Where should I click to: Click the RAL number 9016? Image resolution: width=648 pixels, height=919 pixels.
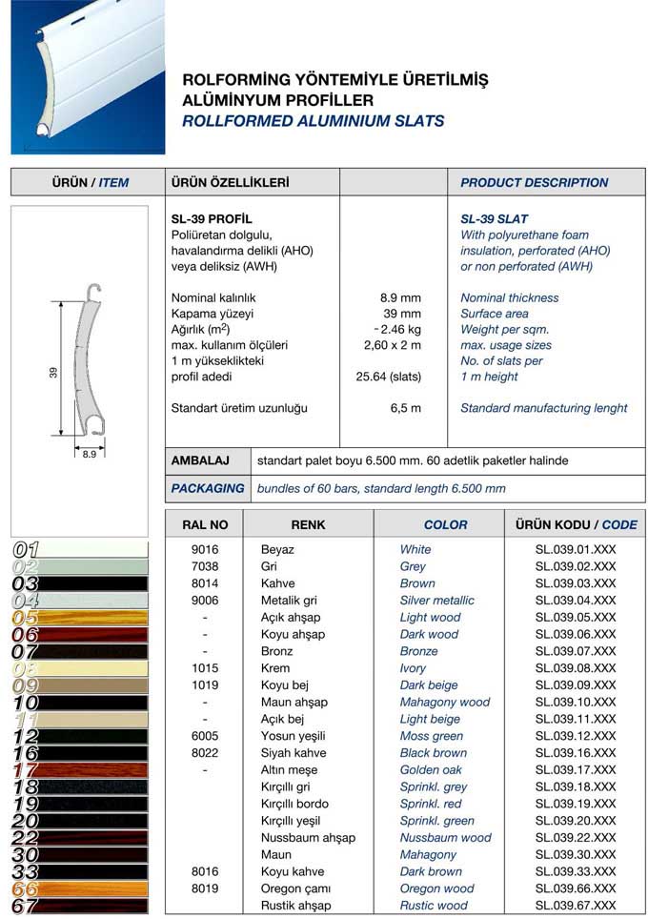click(205, 550)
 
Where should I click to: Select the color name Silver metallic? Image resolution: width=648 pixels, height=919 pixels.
click(436, 601)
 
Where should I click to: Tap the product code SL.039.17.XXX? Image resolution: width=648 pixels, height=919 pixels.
click(576, 770)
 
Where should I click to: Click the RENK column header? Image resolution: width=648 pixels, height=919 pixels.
click(308, 524)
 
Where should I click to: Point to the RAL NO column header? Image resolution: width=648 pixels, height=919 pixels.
click(205, 524)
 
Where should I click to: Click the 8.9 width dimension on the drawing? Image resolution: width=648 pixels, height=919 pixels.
click(89, 455)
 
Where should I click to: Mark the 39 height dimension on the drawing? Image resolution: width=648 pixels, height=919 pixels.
click(53, 373)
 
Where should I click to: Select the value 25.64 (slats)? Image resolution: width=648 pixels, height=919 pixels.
click(388, 377)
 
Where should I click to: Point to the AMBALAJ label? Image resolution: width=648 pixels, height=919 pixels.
click(200, 460)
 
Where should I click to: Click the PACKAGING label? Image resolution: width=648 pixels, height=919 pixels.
click(208, 488)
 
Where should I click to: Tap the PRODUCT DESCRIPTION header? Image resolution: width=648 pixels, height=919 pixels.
click(534, 182)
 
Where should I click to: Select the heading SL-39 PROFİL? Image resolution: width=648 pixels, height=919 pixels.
click(211, 219)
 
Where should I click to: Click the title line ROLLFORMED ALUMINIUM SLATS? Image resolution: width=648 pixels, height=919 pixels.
click(313, 121)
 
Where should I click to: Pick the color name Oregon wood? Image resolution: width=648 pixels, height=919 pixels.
click(436, 888)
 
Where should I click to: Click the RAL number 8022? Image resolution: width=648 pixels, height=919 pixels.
click(205, 753)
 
